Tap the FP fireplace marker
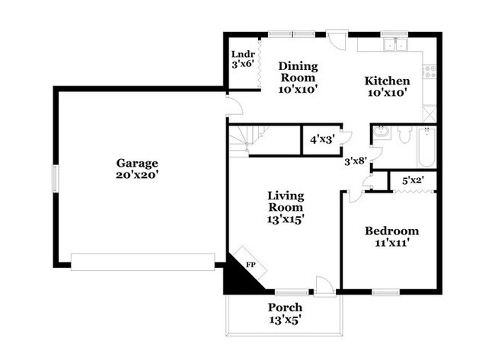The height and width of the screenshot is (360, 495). pos(251,265)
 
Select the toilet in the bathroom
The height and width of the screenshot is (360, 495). pos(404,135)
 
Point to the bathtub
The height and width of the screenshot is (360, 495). pos(426,147)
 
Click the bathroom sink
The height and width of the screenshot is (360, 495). pos(381,132)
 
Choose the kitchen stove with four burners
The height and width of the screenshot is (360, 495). pos(430,72)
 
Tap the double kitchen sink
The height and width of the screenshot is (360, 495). pos(395,44)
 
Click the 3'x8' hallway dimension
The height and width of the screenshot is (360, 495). pos(356,161)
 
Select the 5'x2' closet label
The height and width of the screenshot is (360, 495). pos(413,181)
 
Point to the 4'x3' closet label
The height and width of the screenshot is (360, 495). pos(322,139)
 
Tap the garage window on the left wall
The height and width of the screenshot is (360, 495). pos(56,178)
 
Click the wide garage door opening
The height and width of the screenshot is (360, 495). pos(142,262)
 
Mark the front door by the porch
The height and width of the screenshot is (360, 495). pos(324,287)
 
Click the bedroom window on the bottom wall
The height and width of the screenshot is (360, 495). pos(386,292)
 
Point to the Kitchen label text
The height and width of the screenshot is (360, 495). pos(388,81)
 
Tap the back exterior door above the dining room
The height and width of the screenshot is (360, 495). pos(337,40)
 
